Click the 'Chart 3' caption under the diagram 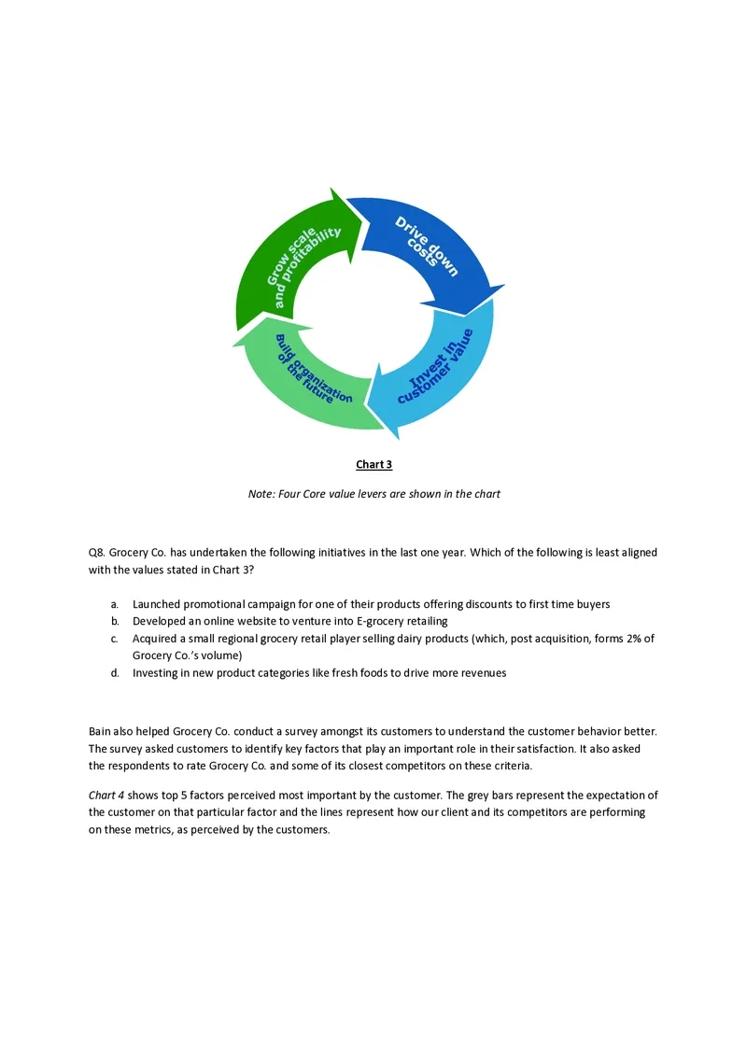click(x=373, y=465)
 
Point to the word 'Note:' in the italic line click(x=261, y=494)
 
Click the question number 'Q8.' click(x=97, y=553)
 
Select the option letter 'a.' click(x=114, y=605)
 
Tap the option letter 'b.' click(x=114, y=622)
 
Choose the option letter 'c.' click(x=114, y=639)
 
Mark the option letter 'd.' click(x=114, y=673)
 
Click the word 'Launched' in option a click(x=157, y=605)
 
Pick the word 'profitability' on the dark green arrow click(x=307, y=266)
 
